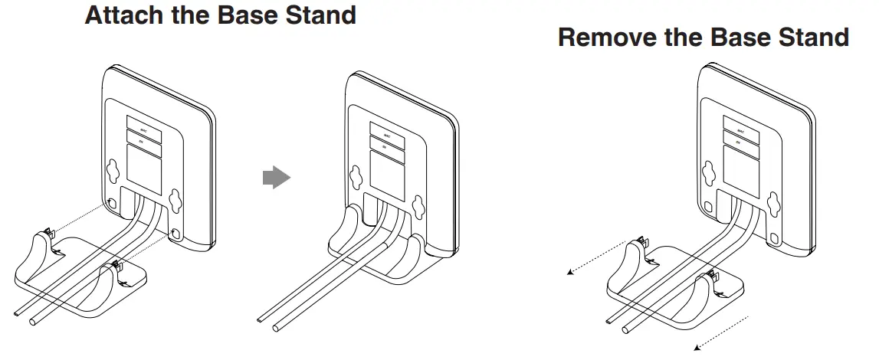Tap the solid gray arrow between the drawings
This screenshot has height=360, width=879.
pyautogui.click(x=276, y=178)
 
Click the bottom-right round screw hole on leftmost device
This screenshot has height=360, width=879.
pyautogui.click(x=178, y=232)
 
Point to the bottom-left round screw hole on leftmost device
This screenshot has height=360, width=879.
pyautogui.click(x=113, y=205)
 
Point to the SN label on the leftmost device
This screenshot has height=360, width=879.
pyautogui.click(x=143, y=138)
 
